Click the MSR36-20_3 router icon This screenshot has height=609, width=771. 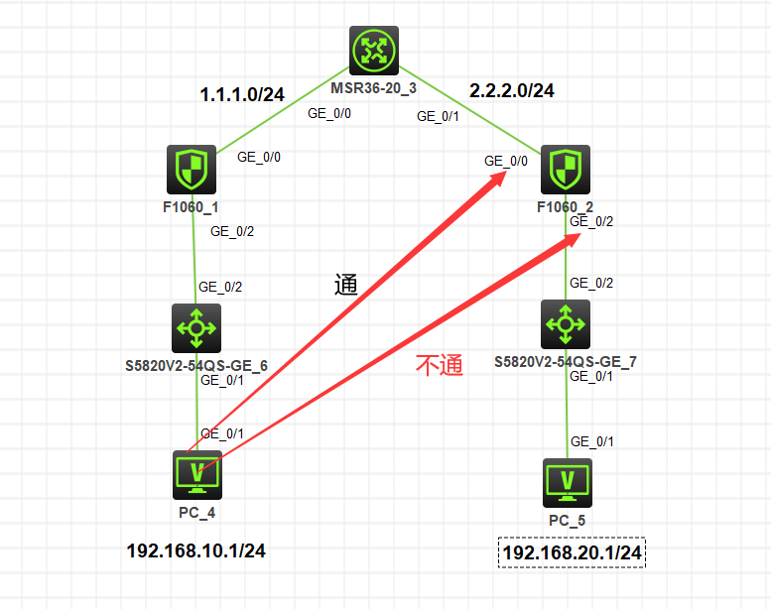374,51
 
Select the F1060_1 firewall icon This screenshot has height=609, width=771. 192,170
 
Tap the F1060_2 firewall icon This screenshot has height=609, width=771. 566,170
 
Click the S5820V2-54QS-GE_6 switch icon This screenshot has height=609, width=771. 196,327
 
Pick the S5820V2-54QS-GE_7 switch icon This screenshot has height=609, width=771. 566,323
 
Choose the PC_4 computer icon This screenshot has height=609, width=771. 196,474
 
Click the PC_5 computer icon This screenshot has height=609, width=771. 568,482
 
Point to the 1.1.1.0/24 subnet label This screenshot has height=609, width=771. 243,95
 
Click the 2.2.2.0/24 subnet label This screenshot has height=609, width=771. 512,90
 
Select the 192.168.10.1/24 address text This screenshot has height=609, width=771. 196,550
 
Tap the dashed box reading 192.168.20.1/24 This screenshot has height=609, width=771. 573,552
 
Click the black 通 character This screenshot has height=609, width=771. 345,286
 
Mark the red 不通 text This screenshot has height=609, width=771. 439,365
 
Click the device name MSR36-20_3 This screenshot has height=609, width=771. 374,87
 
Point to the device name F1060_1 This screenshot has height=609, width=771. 192,207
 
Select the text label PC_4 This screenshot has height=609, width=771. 195,512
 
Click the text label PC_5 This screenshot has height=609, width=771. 568,520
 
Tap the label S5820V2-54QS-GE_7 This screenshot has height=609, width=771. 566,362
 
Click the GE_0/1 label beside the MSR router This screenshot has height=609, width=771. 438,116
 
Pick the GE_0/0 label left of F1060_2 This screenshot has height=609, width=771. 506,160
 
